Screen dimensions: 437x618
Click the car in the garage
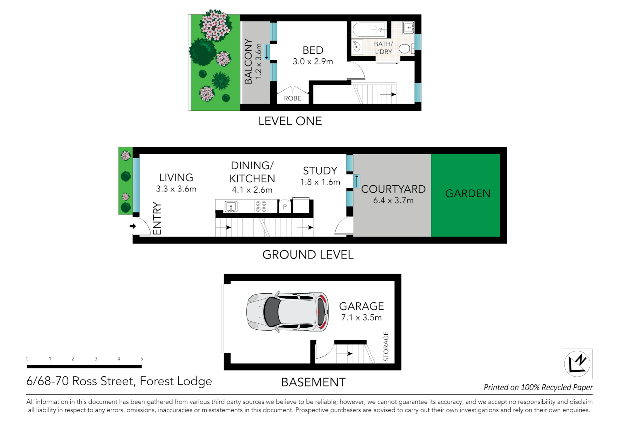click(288, 312)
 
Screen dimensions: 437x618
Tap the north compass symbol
click(577, 363)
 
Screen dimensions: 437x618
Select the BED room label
click(313, 50)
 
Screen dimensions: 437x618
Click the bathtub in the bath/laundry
click(369, 30)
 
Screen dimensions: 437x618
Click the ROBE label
click(292, 98)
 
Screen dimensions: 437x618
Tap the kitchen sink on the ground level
click(231, 207)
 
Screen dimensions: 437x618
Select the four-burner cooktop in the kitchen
click(261, 206)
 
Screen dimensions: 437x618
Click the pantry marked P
click(285, 206)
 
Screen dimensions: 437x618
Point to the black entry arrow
click(133, 226)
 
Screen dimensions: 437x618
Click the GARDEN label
click(468, 194)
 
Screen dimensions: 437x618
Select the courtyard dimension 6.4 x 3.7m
click(393, 201)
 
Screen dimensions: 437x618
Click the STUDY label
click(320, 171)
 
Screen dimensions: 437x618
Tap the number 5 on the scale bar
click(142, 359)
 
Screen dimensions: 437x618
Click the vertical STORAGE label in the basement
click(386, 346)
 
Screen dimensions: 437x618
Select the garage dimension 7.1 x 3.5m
click(361, 318)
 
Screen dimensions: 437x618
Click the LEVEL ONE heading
click(290, 121)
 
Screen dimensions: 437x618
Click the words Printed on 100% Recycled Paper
click(538, 387)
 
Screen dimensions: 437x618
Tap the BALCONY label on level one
click(248, 62)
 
